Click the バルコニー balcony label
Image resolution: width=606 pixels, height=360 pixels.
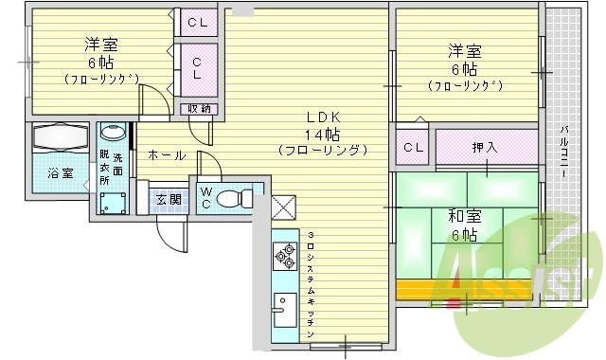[562, 151]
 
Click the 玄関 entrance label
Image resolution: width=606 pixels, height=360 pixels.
[169, 199]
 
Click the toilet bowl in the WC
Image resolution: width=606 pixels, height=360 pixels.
[236, 198]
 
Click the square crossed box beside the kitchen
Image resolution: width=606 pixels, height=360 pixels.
[283, 207]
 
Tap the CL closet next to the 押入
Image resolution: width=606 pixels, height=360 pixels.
[413, 147]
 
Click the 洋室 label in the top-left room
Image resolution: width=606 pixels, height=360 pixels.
[100, 45]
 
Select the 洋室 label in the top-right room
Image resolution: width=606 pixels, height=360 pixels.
[464, 51]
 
